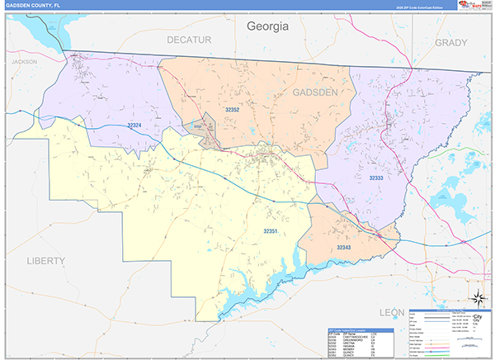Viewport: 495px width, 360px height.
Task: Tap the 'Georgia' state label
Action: click(268, 26)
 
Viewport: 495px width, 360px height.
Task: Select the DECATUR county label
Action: click(189, 39)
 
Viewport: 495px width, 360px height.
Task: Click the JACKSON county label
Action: click(25, 61)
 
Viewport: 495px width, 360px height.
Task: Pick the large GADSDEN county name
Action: click(314, 92)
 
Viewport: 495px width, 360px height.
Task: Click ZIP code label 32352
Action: click(232, 108)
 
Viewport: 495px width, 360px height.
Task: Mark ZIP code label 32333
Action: click(376, 178)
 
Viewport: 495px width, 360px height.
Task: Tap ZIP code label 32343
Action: click(345, 247)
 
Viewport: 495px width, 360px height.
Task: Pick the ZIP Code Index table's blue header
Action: click(363, 329)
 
